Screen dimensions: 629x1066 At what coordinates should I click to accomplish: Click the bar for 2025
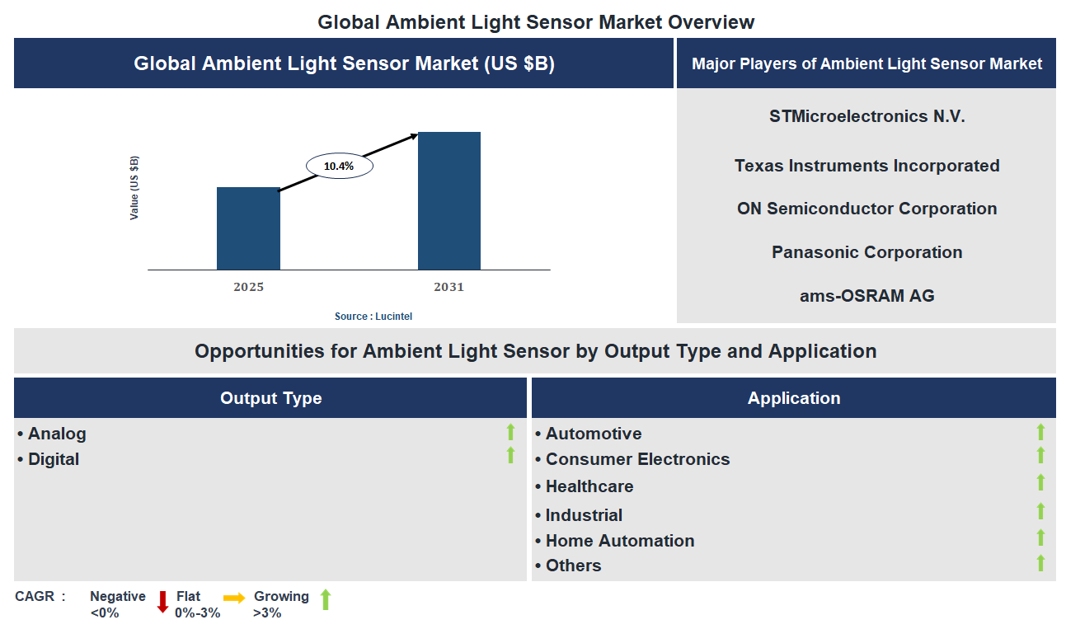[248, 228]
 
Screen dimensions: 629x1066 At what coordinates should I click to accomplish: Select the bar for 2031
[448, 200]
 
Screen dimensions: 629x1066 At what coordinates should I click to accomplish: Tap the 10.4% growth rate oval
[339, 166]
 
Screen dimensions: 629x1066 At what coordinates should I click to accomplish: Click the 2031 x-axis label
[448, 287]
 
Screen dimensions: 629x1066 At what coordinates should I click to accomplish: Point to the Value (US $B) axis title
[134, 187]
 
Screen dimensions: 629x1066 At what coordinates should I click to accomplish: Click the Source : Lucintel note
[373, 317]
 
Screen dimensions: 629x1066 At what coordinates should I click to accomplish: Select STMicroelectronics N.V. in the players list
[866, 116]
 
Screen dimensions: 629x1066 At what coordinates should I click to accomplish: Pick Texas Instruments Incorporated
[866, 166]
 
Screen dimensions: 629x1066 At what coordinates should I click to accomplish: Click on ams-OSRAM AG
[866, 295]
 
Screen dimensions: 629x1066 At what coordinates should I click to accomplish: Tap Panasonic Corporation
[866, 252]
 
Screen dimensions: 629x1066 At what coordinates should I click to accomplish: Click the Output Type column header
[270, 398]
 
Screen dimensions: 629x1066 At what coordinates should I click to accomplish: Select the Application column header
[793, 398]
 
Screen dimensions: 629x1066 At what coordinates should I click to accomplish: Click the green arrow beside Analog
[510, 432]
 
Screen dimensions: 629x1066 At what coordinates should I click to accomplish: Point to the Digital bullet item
[54, 459]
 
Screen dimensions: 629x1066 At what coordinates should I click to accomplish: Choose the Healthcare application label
[589, 486]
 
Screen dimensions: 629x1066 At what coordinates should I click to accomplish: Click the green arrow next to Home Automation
[1040, 537]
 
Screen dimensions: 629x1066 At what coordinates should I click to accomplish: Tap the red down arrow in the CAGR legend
[162, 601]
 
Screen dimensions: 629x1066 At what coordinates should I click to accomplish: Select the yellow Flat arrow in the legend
[234, 598]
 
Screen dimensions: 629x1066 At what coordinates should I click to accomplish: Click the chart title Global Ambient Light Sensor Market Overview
[536, 22]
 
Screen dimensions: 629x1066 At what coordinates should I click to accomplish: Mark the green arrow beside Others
[1040, 563]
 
